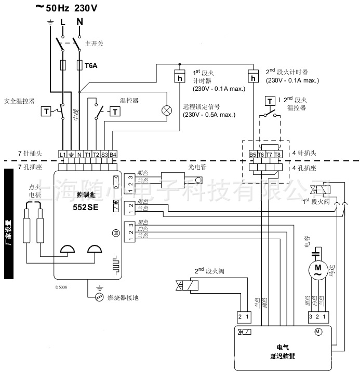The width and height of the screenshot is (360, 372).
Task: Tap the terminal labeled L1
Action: (62, 154)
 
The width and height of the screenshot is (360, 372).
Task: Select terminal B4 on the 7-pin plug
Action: (113, 154)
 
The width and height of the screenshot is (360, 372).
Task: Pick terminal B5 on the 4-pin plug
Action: (252, 154)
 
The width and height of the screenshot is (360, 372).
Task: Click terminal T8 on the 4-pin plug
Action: (277, 154)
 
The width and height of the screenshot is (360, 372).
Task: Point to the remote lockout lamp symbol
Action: (167, 110)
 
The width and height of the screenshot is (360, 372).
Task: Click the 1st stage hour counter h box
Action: (179, 78)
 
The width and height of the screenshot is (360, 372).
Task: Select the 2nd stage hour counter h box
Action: (252, 78)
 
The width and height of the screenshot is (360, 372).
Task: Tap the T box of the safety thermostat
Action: (46, 111)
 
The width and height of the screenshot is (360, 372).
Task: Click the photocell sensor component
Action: (179, 181)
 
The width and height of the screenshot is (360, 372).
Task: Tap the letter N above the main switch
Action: (79, 22)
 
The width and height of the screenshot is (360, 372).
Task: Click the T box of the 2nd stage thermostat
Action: (269, 100)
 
